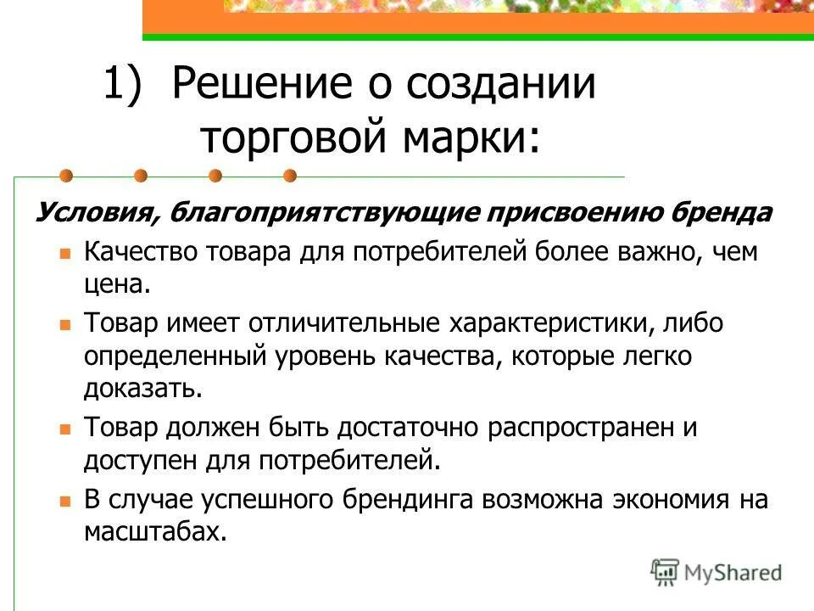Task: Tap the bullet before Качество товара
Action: point(64,254)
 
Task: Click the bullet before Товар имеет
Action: point(64,324)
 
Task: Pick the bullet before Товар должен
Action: point(64,429)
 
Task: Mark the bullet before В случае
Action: point(64,500)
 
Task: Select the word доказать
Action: point(142,390)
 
